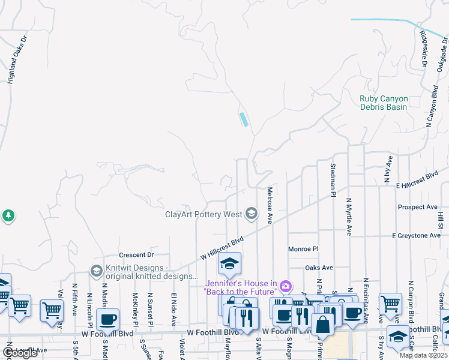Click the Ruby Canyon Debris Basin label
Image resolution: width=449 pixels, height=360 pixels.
click(x=384, y=103)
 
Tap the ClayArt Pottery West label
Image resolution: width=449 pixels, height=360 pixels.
click(x=203, y=214)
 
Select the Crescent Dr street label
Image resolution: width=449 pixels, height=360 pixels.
click(x=136, y=254)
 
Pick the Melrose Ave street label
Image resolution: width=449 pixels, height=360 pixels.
click(x=270, y=206)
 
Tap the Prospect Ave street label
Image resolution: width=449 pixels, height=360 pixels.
click(x=417, y=207)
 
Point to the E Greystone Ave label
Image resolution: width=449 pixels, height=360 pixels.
click(x=416, y=236)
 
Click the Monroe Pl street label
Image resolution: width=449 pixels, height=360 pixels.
click(x=303, y=248)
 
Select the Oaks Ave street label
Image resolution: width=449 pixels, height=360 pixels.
click(x=319, y=268)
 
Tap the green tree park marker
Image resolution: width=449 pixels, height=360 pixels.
click(x=8, y=215)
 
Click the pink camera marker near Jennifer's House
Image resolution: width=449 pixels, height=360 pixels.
click(x=286, y=286)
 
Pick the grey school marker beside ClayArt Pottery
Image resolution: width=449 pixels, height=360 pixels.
click(x=252, y=214)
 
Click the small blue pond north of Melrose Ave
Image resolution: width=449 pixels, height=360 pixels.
click(x=244, y=119)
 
